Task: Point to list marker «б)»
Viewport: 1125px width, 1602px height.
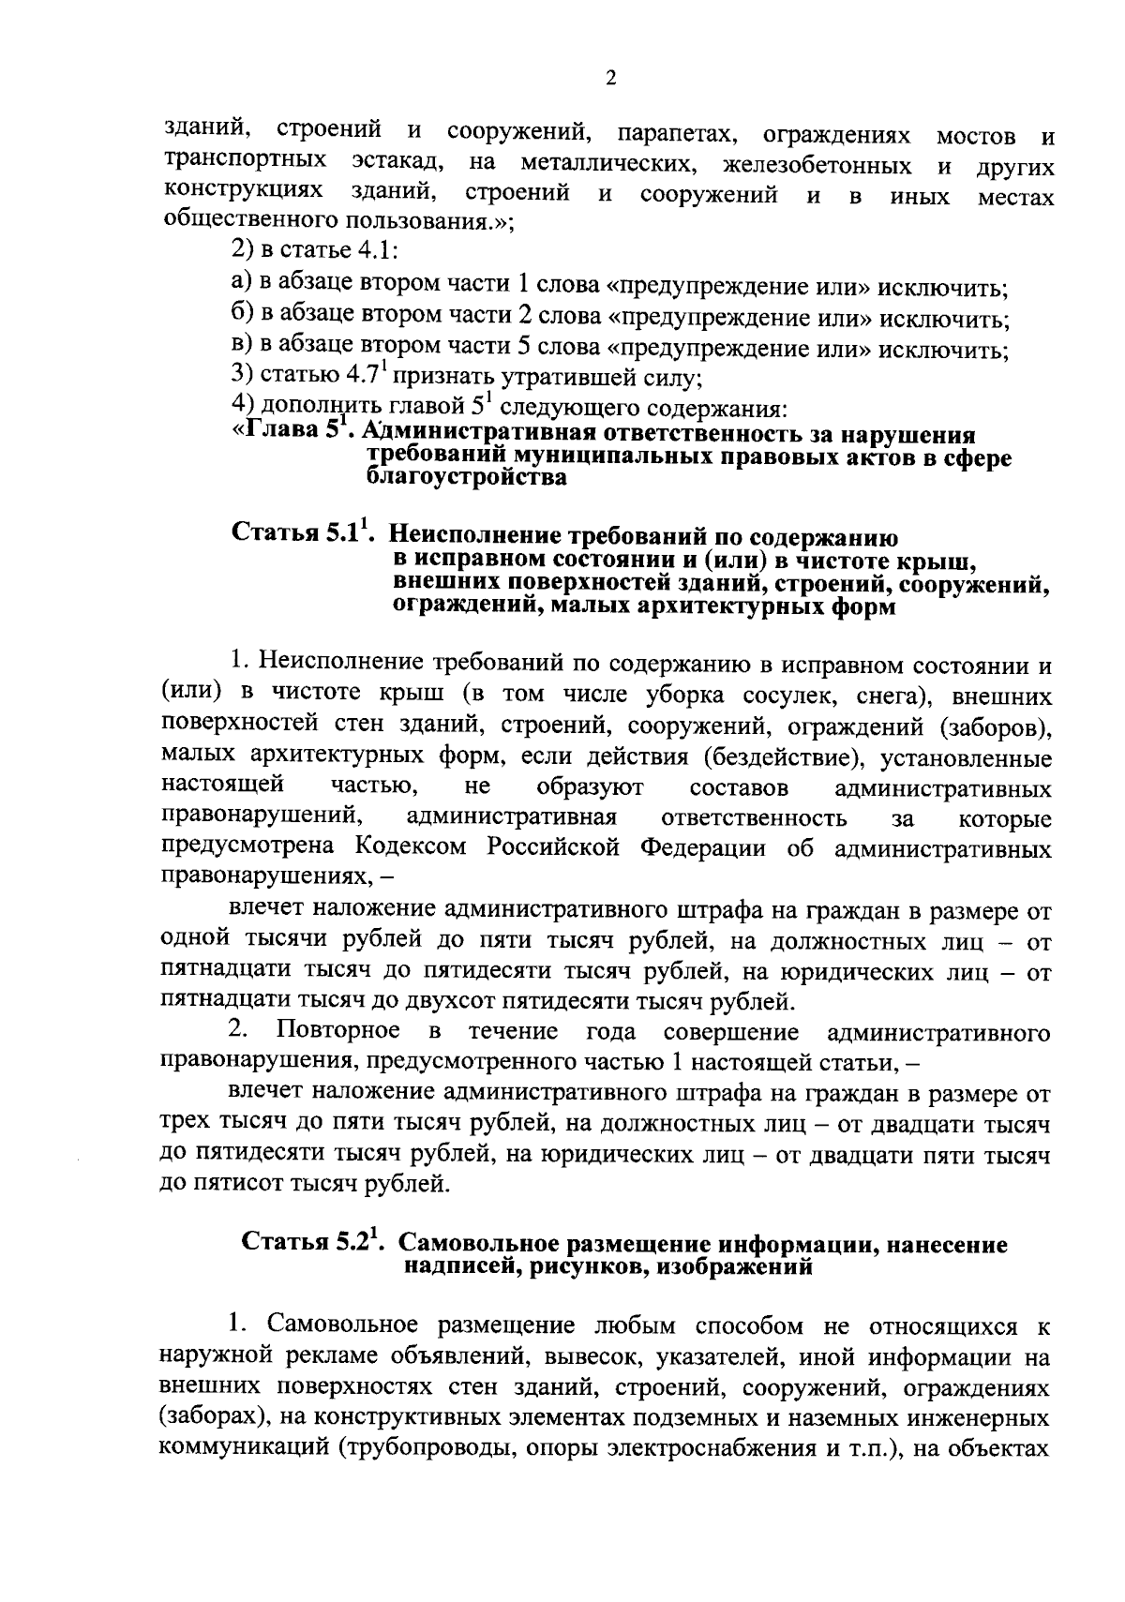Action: coord(241,316)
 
